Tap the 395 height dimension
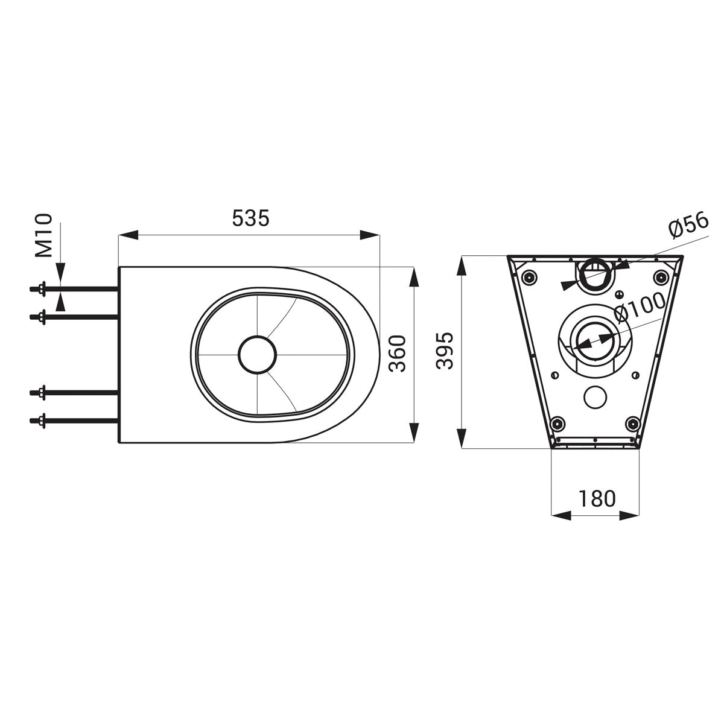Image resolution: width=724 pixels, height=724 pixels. (444, 352)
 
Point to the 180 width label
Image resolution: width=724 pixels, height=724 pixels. (597, 498)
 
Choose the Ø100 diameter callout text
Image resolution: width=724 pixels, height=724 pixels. (640, 308)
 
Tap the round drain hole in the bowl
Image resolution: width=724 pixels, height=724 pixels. (258, 353)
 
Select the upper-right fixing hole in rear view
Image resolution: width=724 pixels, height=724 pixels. (662, 277)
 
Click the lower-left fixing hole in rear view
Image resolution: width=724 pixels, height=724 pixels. (558, 422)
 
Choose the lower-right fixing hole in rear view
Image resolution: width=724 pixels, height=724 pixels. (633, 422)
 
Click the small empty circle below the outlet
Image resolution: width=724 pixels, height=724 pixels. (595, 396)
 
